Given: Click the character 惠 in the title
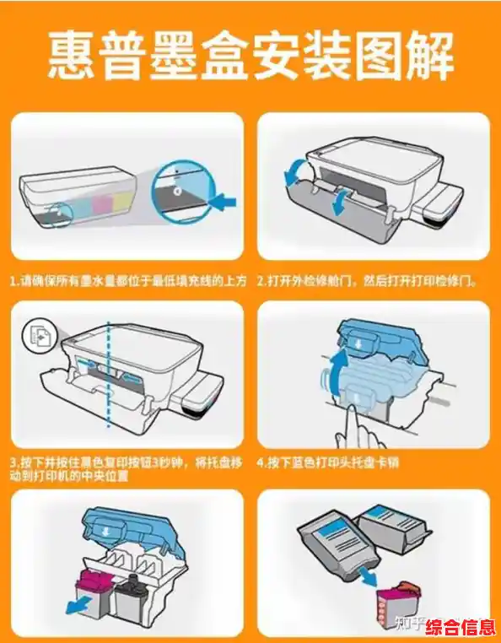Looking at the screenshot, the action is coord(71,56).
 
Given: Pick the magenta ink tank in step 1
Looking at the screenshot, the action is coord(101,205).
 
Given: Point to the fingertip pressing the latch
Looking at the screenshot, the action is coord(353,410).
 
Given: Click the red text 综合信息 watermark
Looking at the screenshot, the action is coord(461,628).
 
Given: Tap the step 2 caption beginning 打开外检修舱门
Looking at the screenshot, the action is coord(367,282).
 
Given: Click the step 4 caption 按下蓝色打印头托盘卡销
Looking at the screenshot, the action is coord(328,463).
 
